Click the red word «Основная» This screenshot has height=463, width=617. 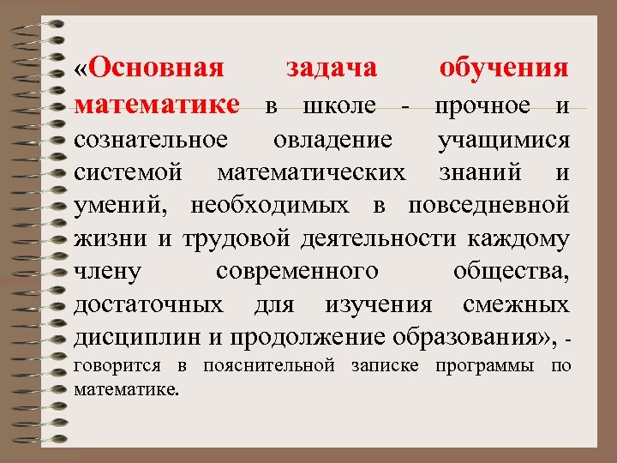(x=156, y=69)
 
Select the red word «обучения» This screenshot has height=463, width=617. (x=503, y=69)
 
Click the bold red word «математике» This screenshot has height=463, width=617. (x=157, y=105)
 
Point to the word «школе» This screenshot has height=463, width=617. (x=340, y=106)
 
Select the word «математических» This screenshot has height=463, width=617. (x=312, y=172)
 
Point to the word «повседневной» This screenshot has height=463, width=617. (x=488, y=206)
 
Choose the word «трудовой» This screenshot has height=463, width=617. (x=222, y=239)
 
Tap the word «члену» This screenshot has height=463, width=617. (x=108, y=273)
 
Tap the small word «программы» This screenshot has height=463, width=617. (x=487, y=367)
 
